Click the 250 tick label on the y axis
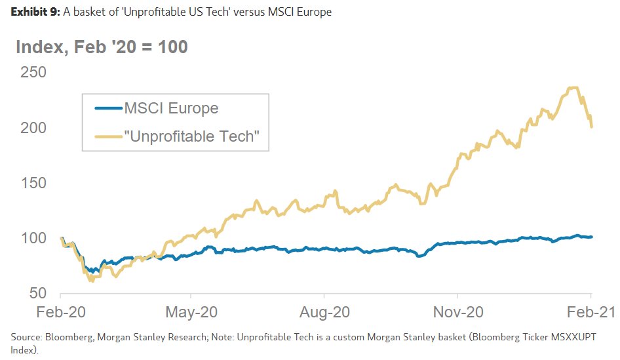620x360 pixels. point(32,72)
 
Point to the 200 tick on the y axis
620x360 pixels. point(32,127)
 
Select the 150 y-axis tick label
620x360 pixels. point(32,182)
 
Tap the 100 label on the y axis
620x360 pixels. point(32,237)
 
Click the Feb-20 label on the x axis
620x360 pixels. point(60,313)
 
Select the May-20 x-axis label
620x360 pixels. point(192,313)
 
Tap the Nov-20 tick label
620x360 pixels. point(458,313)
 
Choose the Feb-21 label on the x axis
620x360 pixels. point(591,313)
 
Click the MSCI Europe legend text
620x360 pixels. point(171,108)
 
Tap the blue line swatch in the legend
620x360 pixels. point(108,108)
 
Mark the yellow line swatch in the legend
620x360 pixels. point(108,136)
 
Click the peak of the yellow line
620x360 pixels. point(574,87)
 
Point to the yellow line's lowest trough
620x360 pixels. point(90,281)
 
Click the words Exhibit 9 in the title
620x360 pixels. point(34,12)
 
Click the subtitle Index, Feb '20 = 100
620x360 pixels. point(102,47)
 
